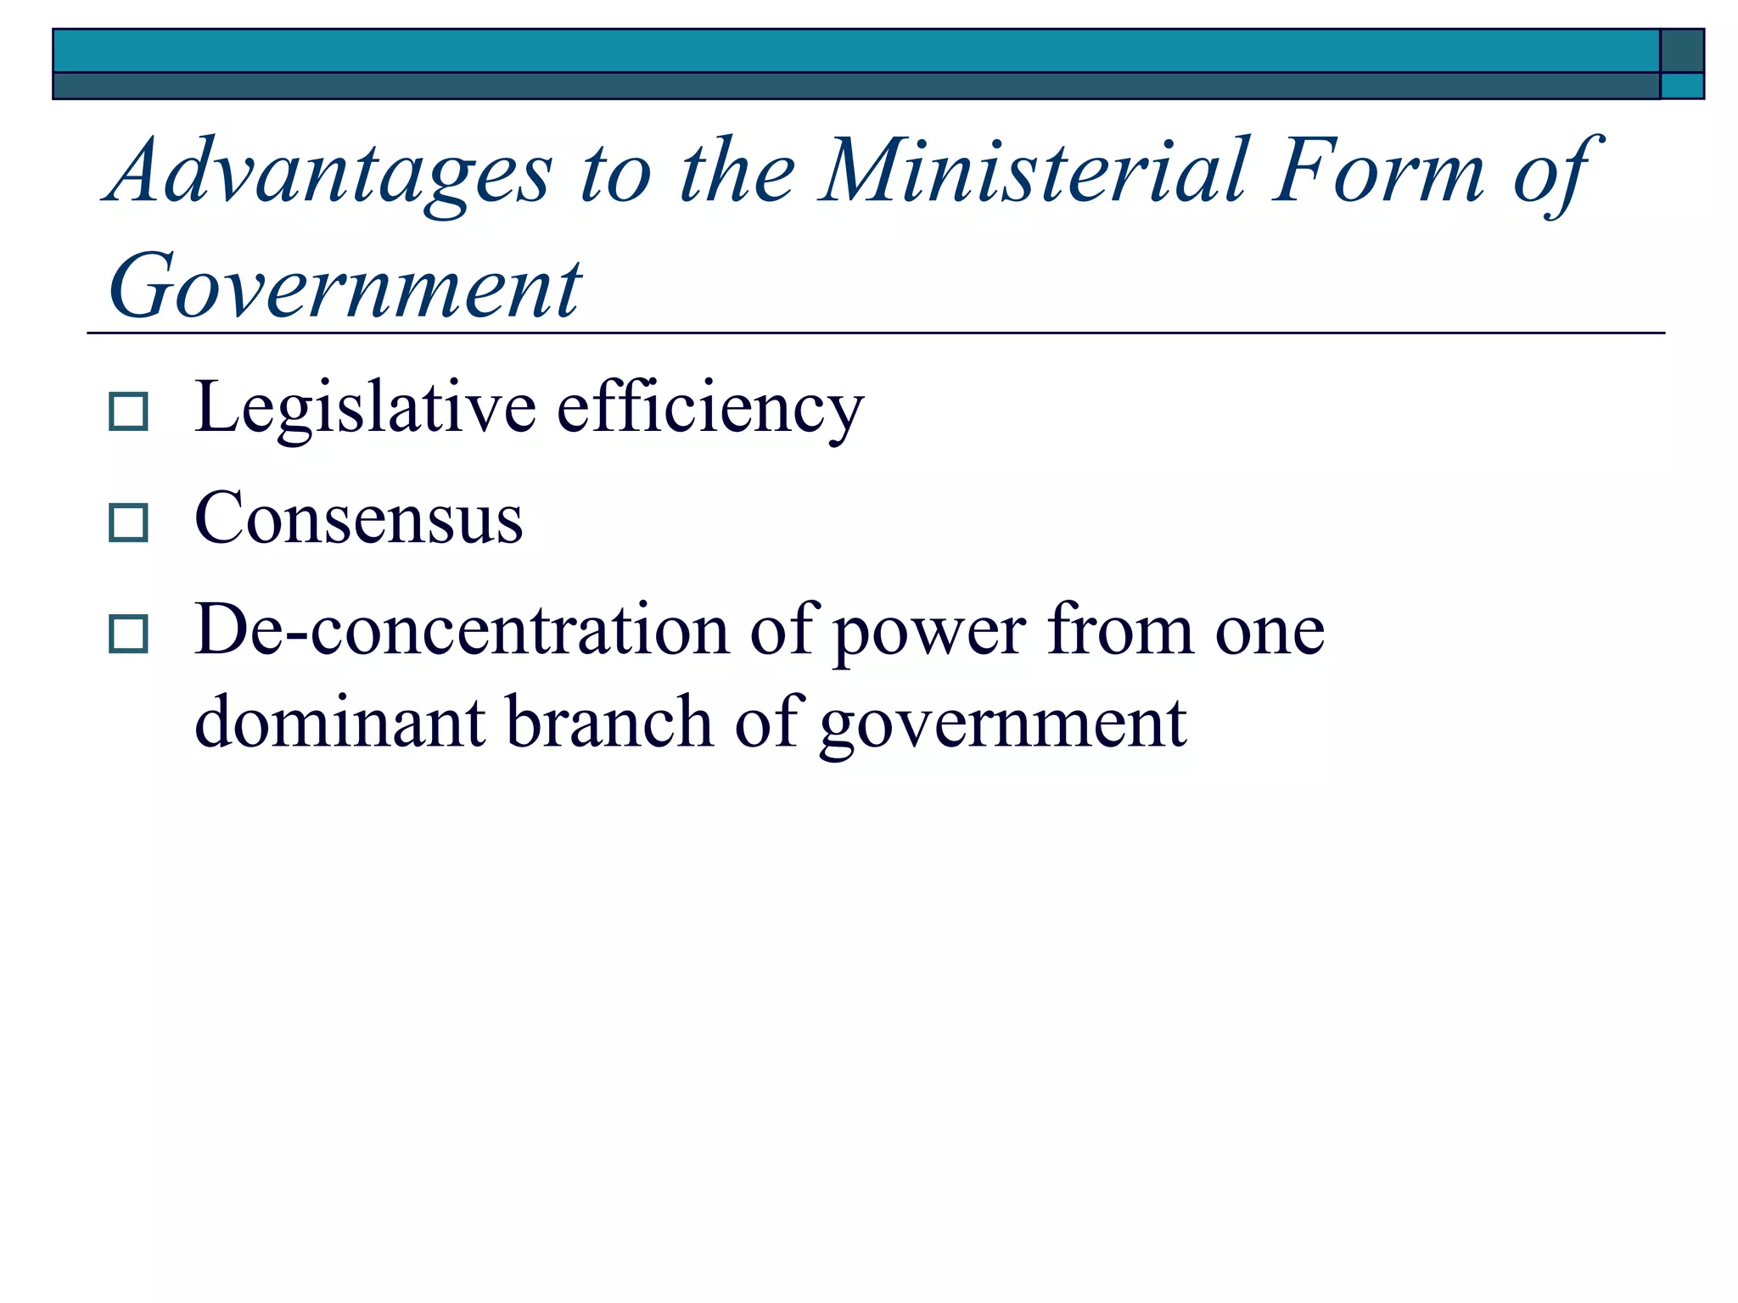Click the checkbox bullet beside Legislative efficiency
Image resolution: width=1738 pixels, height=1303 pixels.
[x=129, y=411]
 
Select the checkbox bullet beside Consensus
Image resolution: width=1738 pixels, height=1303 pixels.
[x=129, y=523]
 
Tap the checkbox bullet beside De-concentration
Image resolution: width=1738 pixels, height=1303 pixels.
[x=129, y=634]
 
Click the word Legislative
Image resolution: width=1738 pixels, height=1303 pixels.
[x=365, y=409]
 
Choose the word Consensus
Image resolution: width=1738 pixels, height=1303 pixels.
[x=358, y=518]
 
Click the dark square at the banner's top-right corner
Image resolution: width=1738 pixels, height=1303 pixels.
[x=1681, y=51]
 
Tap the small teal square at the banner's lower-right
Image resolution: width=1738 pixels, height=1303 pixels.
[x=1681, y=86]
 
